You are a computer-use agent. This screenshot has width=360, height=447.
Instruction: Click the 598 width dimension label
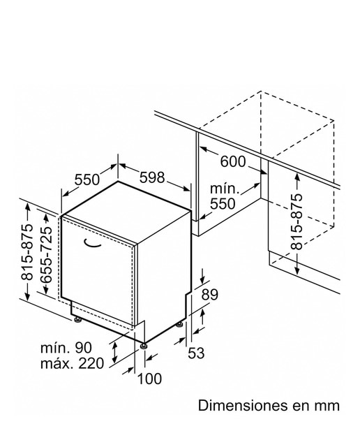click(152, 177)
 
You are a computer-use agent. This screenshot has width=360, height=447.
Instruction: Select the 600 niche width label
click(233, 161)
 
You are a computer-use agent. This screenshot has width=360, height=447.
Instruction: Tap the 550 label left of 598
click(87, 179)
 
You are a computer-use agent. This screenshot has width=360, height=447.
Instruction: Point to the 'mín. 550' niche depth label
click(223, 196)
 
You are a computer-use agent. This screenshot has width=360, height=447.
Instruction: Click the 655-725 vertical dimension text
click(47, 255)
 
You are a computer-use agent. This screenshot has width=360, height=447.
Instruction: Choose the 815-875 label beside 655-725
click(27, 252)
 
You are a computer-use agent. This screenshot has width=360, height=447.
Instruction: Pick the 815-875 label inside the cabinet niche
click(297, 222)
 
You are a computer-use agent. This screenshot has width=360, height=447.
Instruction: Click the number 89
click(210, 295)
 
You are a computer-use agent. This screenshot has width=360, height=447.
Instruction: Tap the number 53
click(196, 353)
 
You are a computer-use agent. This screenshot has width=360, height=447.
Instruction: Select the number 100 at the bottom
click(149, 379)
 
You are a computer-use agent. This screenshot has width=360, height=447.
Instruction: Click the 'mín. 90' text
click(66, 348)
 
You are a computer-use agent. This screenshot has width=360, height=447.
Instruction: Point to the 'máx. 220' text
click(72, 364)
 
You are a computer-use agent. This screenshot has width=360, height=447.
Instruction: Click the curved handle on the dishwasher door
click(93, 244)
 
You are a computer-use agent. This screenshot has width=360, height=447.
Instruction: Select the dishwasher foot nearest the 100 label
click(144, 346)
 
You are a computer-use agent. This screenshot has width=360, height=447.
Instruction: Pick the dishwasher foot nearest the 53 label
click(179, 324)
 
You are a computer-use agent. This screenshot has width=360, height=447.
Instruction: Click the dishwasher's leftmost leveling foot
click(77, 319)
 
